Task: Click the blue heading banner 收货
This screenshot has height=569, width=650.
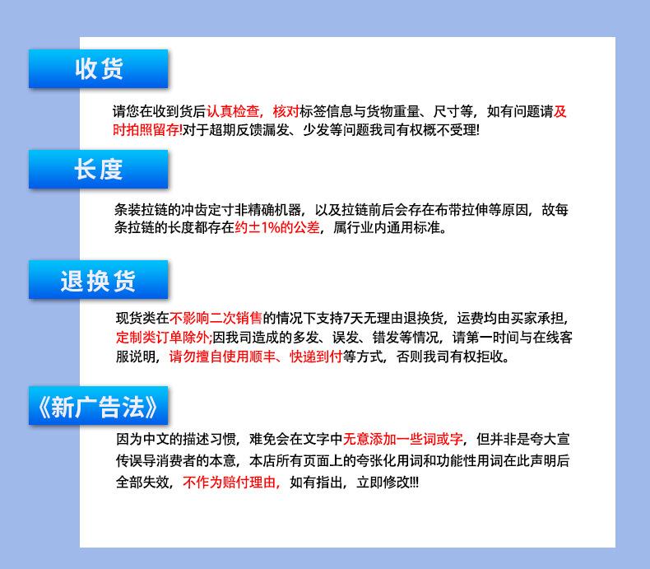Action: click(x=98, y=68)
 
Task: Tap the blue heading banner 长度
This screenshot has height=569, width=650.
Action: click(x=98, y=169)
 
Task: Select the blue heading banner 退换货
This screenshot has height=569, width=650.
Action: click(x=98, y=279)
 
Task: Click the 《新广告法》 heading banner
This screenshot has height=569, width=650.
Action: click(x=98, y=406)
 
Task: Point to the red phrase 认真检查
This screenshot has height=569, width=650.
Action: click(x=233, y=111)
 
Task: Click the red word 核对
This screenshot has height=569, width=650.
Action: click(x=286, y=111)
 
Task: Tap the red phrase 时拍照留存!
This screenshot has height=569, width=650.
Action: click(x=147, y=130)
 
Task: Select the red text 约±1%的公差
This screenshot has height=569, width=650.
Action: click(x=277, y=227)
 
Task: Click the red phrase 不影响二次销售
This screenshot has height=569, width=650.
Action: click(x=216, y=318)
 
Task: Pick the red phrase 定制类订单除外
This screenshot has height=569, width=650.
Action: click(x=163, y=337)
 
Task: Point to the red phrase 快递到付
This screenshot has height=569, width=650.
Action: click(x=316, y=357)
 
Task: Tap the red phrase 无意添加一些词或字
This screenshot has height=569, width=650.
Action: click(x=402, y=439)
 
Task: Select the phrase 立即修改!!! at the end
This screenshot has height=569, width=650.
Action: click(x=388, y=482)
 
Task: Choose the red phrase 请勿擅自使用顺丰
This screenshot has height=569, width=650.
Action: click(x=222, y=357)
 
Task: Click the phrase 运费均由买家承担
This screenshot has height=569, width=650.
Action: click(x=510, y=318)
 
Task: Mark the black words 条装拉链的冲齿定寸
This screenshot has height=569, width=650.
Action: click(x=174, y=210)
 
